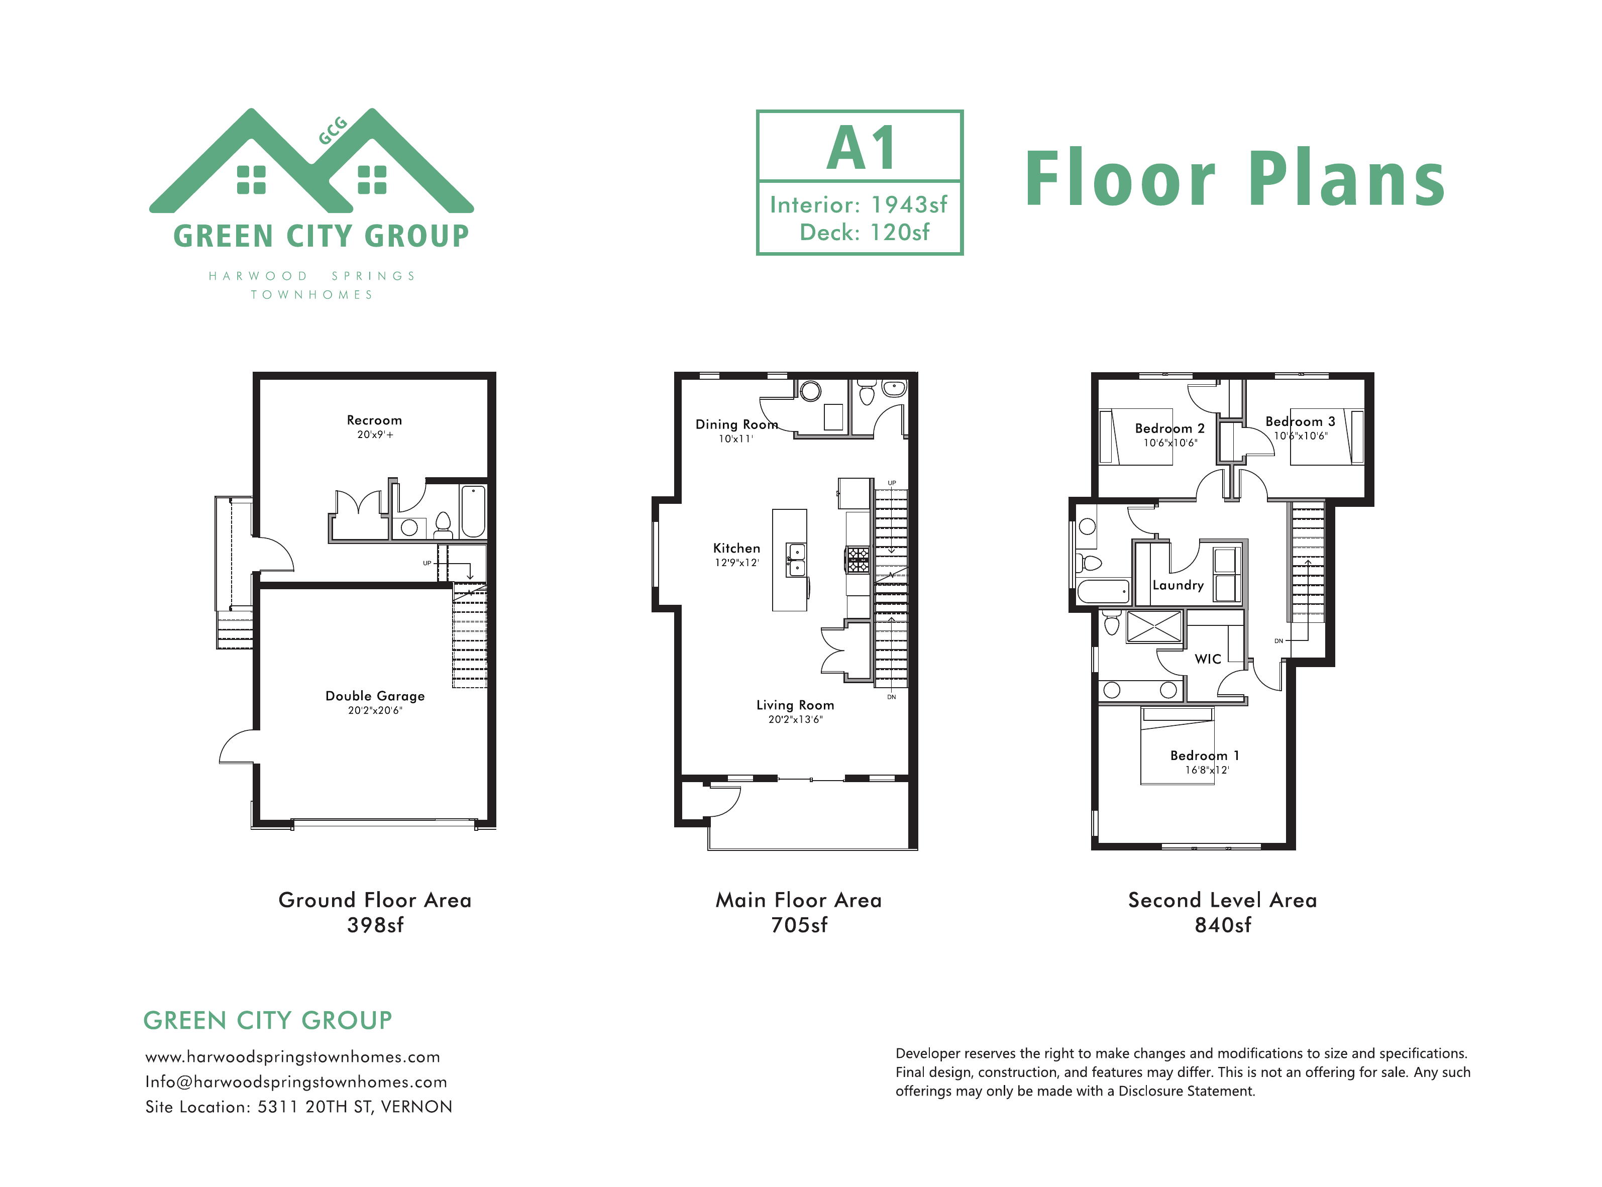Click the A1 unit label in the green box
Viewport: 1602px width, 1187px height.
click(861, 149)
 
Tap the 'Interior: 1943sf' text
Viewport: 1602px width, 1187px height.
click(859, 205)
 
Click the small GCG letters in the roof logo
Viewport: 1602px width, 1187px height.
click(333, 130)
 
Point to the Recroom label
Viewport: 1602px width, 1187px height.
click(374, 420)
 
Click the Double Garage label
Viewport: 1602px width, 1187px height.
click(374, 696)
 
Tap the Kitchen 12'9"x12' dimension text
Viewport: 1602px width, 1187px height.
click(736, 563)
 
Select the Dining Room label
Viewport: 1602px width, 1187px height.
click(736, 424)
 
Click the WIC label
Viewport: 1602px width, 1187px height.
click(1208, 659)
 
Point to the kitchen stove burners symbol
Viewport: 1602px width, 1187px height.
click(858, 560)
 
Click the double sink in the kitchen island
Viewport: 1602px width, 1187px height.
click(796, 560)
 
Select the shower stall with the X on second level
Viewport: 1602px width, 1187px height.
click(1154, 626)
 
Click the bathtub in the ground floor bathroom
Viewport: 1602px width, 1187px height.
click(473, 511)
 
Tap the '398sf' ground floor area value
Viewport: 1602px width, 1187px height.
click(375, 925)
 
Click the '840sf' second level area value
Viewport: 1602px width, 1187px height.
click(1223, 925)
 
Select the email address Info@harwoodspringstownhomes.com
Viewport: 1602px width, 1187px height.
click(296, 1082)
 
